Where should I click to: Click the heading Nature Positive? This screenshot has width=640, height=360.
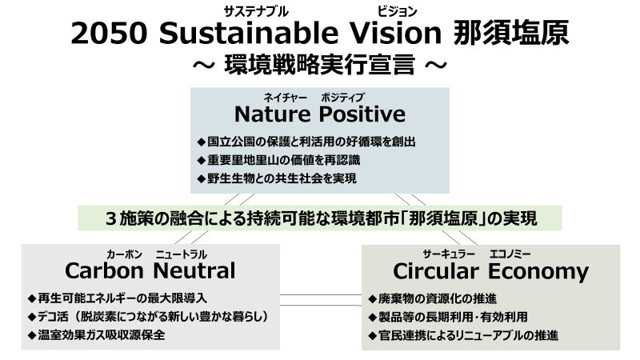[x=320, y=113]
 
